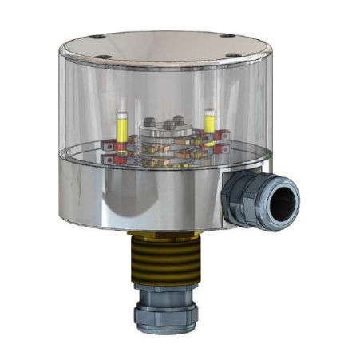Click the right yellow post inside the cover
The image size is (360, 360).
pyautogui.click(x=209, y=121)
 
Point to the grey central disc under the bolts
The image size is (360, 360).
pyautogui.click(x=164, y=132)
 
